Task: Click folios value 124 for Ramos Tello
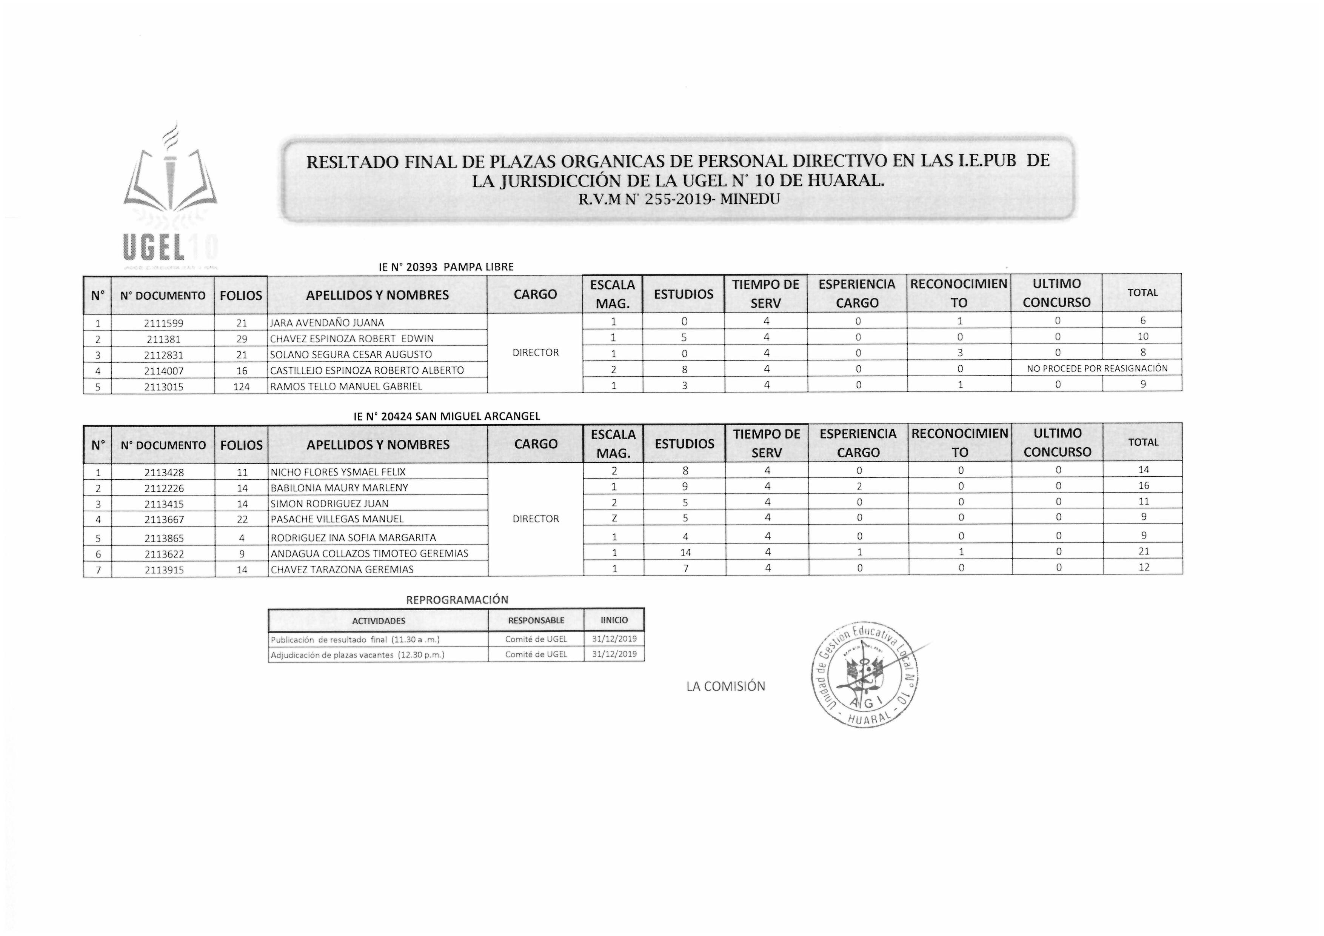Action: point(241,387)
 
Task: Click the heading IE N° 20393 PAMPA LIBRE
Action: point(446,267)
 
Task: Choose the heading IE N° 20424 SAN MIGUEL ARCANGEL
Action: point(446,416)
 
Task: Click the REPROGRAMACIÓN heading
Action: point(457,600)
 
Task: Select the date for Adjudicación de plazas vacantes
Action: point(614,654)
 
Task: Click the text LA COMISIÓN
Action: point(725,686)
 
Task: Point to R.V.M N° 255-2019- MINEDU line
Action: point(679,200)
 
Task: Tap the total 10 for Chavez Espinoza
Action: point(1142,337)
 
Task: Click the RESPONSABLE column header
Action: point(536,620)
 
